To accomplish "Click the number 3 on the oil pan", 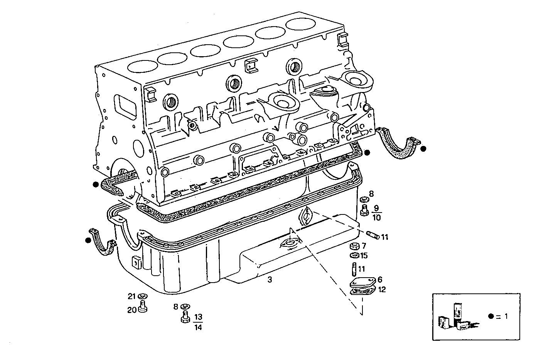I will pyautogui.click(x=270, y=280).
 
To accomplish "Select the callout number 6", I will pyautogui.click(x=380, y=280).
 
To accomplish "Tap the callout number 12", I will pyautogui.click(x=382, y=290).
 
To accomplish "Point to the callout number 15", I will pyautogui.click(x=364, y=255).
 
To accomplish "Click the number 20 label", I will pyautogui.click(x=132, y=310).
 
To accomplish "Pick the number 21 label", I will pyautogui.click(x=132, y=296).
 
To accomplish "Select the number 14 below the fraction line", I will pyautogui.click(x=198, y=327).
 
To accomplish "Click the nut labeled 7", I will pyautogui.click(x=354, y=246).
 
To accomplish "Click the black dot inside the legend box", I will pyautogui.click(x=490, y=316).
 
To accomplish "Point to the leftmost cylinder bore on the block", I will pyautogui.click(x=142, y=67).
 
